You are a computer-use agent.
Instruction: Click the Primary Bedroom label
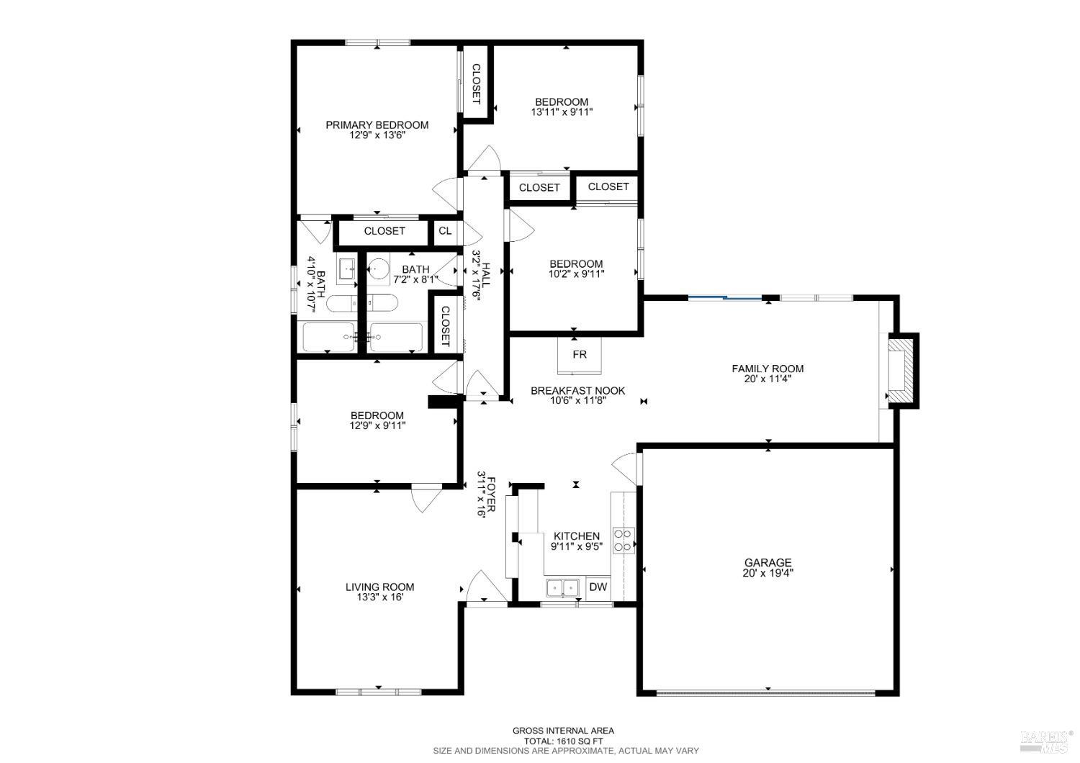[377, 125]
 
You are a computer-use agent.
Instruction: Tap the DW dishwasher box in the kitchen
[598, 587]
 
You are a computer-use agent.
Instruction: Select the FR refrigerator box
[579, 355]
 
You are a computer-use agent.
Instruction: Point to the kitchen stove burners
[623, 540]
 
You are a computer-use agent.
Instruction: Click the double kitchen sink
[563, 587]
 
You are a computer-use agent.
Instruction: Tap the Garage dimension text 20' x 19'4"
[768, 574]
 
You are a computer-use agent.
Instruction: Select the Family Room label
[768, 369]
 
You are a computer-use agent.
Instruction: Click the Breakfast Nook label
[577, 391]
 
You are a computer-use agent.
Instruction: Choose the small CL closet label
[445, 231]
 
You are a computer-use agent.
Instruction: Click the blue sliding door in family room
[725, 297]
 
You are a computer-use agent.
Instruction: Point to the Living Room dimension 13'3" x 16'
[380, 597]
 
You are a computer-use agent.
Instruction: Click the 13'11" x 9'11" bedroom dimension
[562, 112]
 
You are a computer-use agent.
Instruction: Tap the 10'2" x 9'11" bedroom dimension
[576, 274]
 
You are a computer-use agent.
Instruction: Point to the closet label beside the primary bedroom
[476, 84]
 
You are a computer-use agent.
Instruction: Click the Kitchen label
[576, 536]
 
